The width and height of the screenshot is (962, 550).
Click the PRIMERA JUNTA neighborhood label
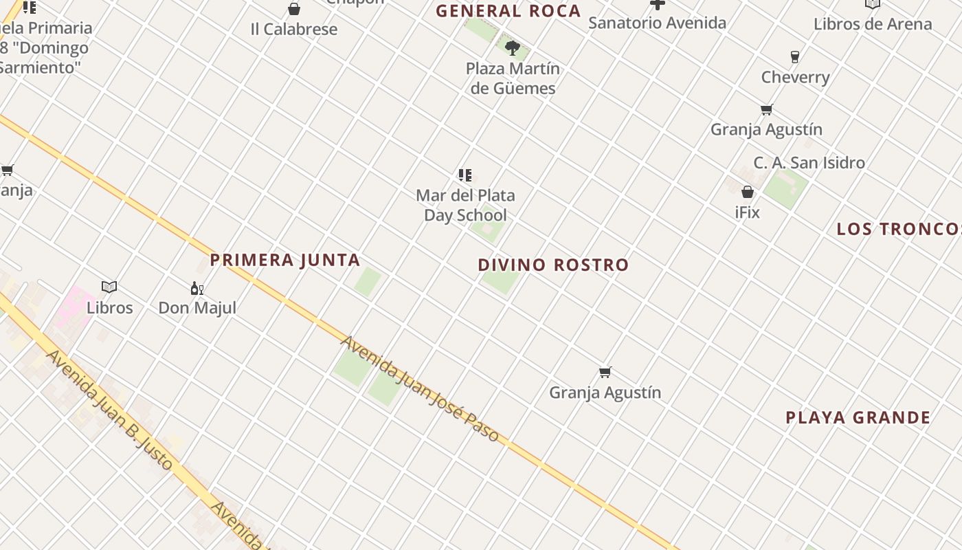285,260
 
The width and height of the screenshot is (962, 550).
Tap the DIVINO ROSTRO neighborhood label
553,265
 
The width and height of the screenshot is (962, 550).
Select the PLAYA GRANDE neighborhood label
858,417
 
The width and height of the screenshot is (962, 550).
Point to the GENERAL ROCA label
508,11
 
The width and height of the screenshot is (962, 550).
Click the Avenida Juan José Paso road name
419,389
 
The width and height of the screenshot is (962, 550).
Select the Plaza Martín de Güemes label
513,78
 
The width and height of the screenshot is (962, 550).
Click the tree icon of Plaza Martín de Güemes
513,47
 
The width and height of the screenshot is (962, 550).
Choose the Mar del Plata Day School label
465,205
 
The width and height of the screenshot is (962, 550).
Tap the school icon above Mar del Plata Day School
465,175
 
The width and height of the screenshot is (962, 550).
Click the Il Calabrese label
294,30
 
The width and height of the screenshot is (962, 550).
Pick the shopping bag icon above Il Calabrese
294,9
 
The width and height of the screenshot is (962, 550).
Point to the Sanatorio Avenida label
657,23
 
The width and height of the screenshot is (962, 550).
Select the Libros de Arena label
873,24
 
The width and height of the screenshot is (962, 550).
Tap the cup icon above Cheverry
795,56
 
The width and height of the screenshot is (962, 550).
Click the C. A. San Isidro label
809,163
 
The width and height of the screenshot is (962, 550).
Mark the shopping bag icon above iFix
748,192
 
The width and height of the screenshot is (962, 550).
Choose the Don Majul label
197,307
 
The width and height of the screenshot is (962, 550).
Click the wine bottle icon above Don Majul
197,288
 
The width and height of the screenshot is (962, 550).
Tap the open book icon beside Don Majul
109,287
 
